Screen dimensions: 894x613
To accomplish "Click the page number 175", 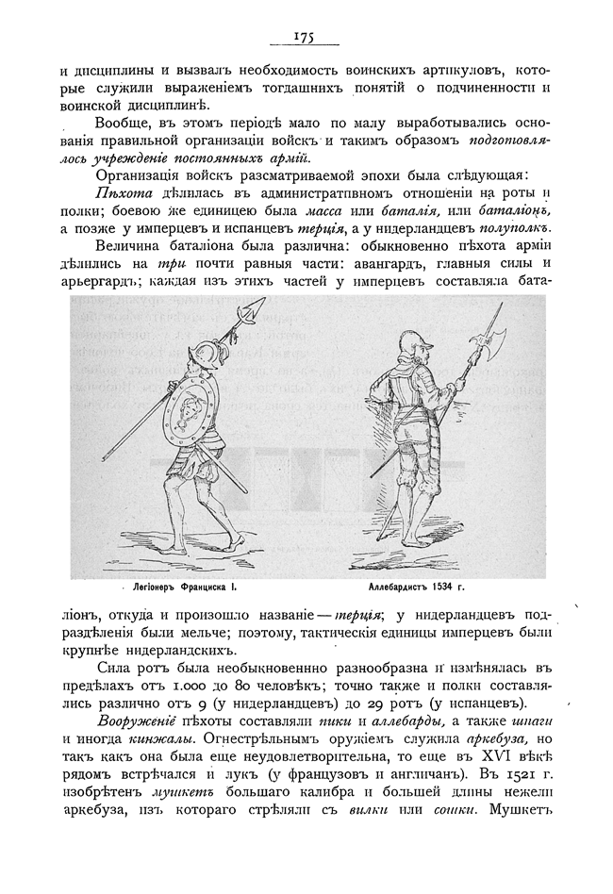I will (303, 37).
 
